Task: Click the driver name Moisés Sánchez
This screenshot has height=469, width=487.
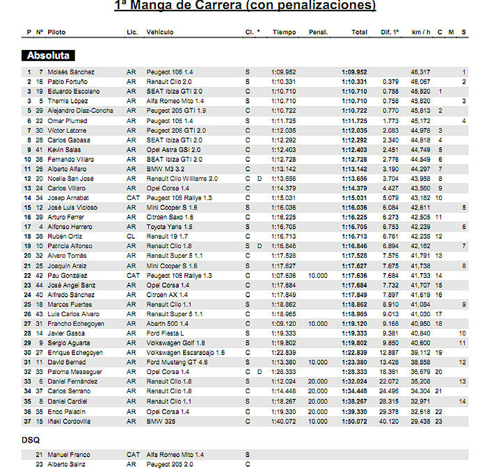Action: pos(71,72)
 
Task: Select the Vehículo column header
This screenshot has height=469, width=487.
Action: pos(160,33)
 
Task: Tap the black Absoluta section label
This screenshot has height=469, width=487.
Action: pos(49,55)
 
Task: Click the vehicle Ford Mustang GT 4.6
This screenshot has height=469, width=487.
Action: pos(177,362)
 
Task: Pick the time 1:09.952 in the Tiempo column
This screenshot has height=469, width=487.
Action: pos(284,72)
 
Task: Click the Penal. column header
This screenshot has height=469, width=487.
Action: pos(318,33)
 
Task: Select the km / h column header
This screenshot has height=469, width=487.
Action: pos(421,33)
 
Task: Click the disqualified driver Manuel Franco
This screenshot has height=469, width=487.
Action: pos(69,454)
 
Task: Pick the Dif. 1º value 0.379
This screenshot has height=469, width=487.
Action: pos(390,81)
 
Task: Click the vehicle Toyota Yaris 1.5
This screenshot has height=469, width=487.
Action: pos(169,227)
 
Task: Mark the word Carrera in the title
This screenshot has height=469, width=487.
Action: pos(214,6)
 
